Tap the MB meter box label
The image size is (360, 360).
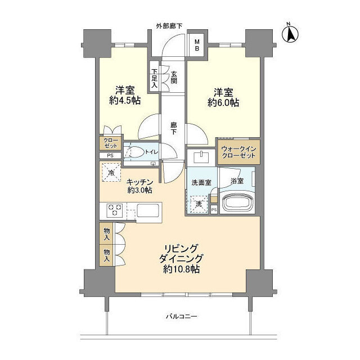coord(197,44)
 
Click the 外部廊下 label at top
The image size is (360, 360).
coord(169,26)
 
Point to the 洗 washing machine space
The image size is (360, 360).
coord(198,204)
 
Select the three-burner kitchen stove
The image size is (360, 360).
coord(114,211)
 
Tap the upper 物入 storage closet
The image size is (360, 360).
coord(107,232)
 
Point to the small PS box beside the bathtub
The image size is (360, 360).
coord(214,210)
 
